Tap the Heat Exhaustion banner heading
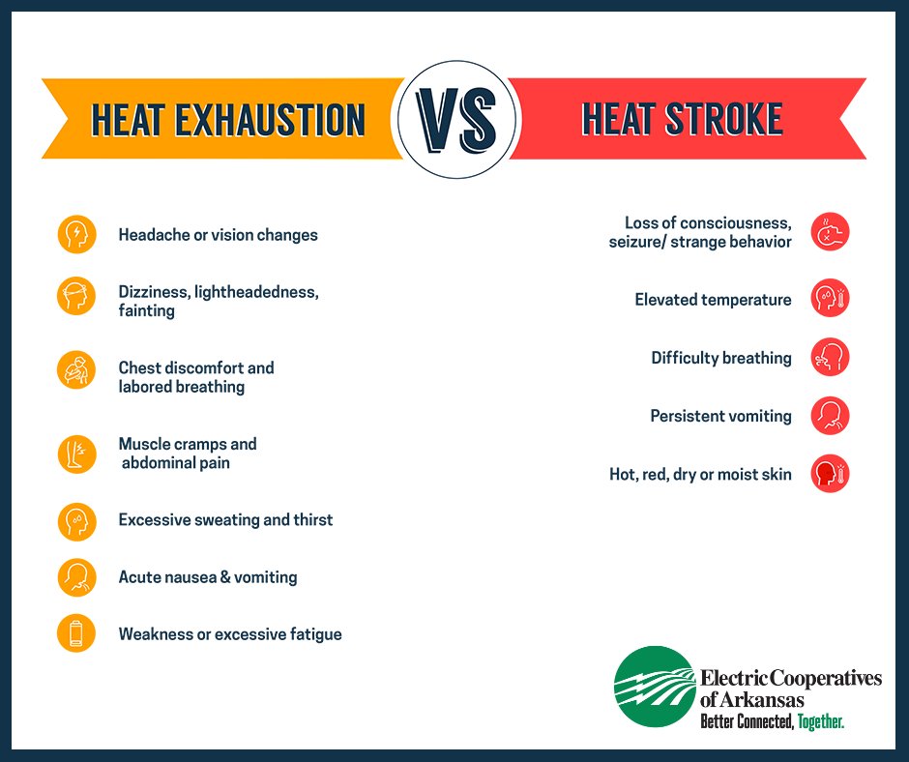coord(228,120)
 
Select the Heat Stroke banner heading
coord(683,119)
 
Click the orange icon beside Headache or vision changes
coord(76,234)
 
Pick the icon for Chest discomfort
coord(76,368)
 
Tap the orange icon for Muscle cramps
coord(76,454)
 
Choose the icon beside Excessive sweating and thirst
coord(76,520)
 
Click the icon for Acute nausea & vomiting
coord(76,577)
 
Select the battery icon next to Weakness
coord(76,634)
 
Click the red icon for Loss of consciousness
coord(830,232)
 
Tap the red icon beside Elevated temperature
coord(830,299)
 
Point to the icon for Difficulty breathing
coord(830,358)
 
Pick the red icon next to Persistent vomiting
coord(830,416)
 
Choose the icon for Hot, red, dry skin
coord(830,475)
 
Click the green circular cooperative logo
coord(655,687)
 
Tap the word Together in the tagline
coord(821,721)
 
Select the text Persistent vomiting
coord(720,416)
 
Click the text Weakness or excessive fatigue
coord(230,634)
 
